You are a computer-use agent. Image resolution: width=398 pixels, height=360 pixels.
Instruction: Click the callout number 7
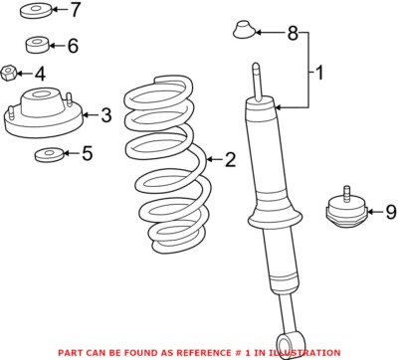(75, 10)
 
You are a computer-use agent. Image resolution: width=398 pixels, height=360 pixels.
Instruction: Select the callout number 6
(73, 46)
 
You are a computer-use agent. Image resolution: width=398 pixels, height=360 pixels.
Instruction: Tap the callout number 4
(40, 74)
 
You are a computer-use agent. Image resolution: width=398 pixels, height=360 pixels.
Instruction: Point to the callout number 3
(106, 115)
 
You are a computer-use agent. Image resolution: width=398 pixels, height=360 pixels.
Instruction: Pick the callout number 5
(87, 153)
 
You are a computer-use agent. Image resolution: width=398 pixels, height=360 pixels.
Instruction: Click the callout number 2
(230, 160)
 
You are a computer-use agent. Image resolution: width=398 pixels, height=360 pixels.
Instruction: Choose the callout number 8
(293, 33)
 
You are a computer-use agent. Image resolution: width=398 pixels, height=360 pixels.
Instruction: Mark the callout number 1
(319, 73)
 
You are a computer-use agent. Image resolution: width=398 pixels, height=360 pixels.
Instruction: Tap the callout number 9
(391, 212)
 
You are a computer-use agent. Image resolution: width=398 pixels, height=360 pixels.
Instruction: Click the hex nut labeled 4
(8, 73)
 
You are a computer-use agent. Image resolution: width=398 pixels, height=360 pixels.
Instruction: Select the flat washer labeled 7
(36, 11)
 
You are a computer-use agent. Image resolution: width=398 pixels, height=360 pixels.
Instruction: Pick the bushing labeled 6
(37, 45)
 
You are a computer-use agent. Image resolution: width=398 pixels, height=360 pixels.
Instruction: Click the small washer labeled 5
(49, 155)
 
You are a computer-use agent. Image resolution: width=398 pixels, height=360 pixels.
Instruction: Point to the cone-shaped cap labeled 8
(244, 30)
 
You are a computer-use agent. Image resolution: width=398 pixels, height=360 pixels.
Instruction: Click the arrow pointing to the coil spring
(214, 160)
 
